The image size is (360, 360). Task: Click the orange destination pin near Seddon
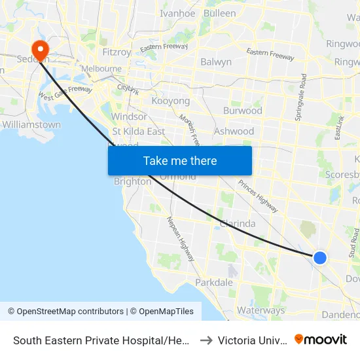click(x=40, y=49)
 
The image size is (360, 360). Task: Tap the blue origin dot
click(x=320, y=258)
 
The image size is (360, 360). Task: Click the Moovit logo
click(x=321, y=340)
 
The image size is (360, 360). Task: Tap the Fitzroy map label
click(x=118, y=52)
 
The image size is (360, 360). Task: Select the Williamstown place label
click(x=31, y=124)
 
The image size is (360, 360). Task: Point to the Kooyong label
click(x=170, y=101)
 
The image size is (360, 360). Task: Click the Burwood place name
click(x=242, y=111)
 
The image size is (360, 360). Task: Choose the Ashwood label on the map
click(x=234, y=131)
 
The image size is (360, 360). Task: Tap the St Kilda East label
click(x=138, y=131)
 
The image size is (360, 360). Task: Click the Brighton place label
click(x=132, y=181)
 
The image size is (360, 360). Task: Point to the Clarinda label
click(x=237, y=223)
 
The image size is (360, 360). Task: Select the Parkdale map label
click(x=213, y=283)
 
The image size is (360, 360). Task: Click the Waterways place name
click(x=261, y=310)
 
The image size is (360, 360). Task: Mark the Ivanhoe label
click(x=177, y=13)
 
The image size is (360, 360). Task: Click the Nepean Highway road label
click(x=181, y=239)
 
